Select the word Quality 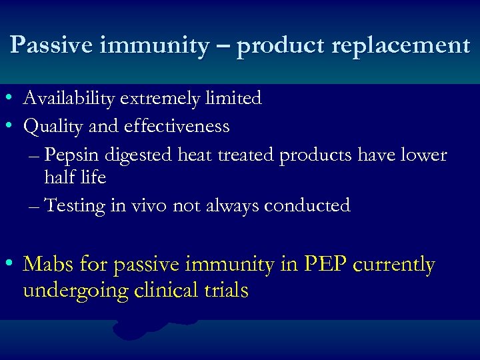51,126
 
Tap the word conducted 307,205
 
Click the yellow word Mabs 48,265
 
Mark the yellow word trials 227,291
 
